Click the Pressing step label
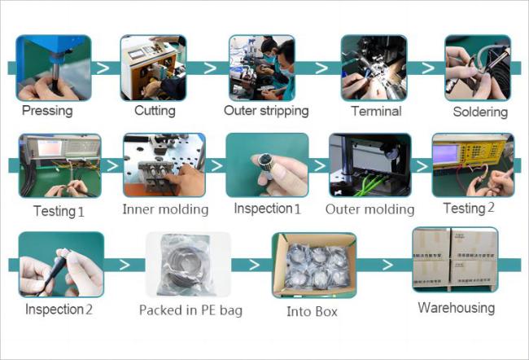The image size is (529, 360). [47, 111]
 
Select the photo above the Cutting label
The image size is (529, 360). [153, 68]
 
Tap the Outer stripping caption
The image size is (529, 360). [266, 111]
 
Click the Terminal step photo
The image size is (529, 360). [374, 68]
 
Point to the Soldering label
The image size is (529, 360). [480, 112]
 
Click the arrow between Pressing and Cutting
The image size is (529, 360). [103, 68]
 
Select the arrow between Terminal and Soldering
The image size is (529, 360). [428, 68]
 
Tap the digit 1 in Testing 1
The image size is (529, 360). [81, 212]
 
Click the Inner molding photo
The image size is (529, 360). [164, 165]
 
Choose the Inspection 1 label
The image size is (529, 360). [267, 209]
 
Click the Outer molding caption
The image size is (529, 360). [369, 209]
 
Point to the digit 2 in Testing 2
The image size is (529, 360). [491, 208]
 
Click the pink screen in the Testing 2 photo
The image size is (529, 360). [445, 154]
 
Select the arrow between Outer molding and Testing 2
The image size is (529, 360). [422, 166]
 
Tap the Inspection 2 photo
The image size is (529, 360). [61, 265]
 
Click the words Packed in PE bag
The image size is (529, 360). [190, 310]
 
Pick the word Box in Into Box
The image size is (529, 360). [325, 311]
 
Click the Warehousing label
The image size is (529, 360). [456, 308]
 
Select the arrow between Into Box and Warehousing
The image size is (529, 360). [387, 265]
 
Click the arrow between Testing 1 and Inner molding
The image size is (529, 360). [112, 165]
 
